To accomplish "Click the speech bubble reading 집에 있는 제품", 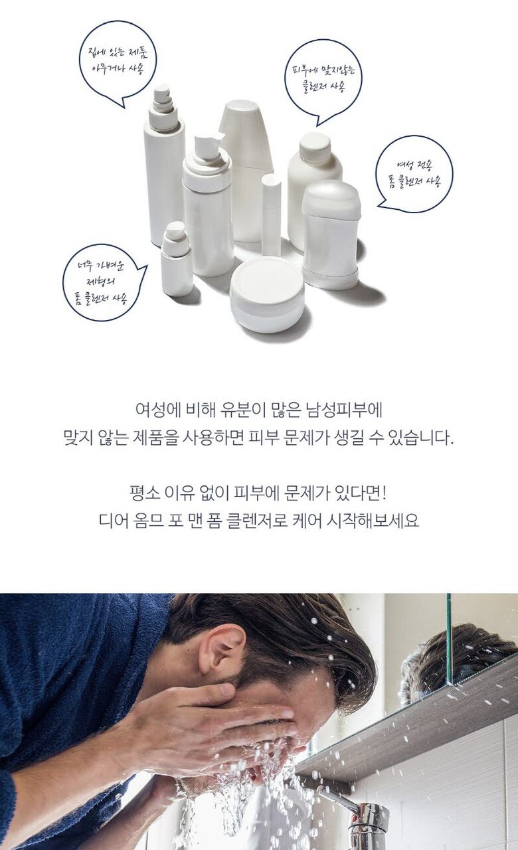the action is (x=118, y=60).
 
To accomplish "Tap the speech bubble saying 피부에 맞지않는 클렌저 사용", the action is (x=323, y=80).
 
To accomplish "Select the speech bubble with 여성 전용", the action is (x=414, y=174).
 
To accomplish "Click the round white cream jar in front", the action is (x=267, y=294).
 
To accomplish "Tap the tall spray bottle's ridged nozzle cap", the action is (x=163, y=107).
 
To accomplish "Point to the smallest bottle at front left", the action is (x=176, y=259).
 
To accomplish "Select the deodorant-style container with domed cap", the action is (x=331, y=234).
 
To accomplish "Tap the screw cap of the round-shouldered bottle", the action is (x=315, y=147).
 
